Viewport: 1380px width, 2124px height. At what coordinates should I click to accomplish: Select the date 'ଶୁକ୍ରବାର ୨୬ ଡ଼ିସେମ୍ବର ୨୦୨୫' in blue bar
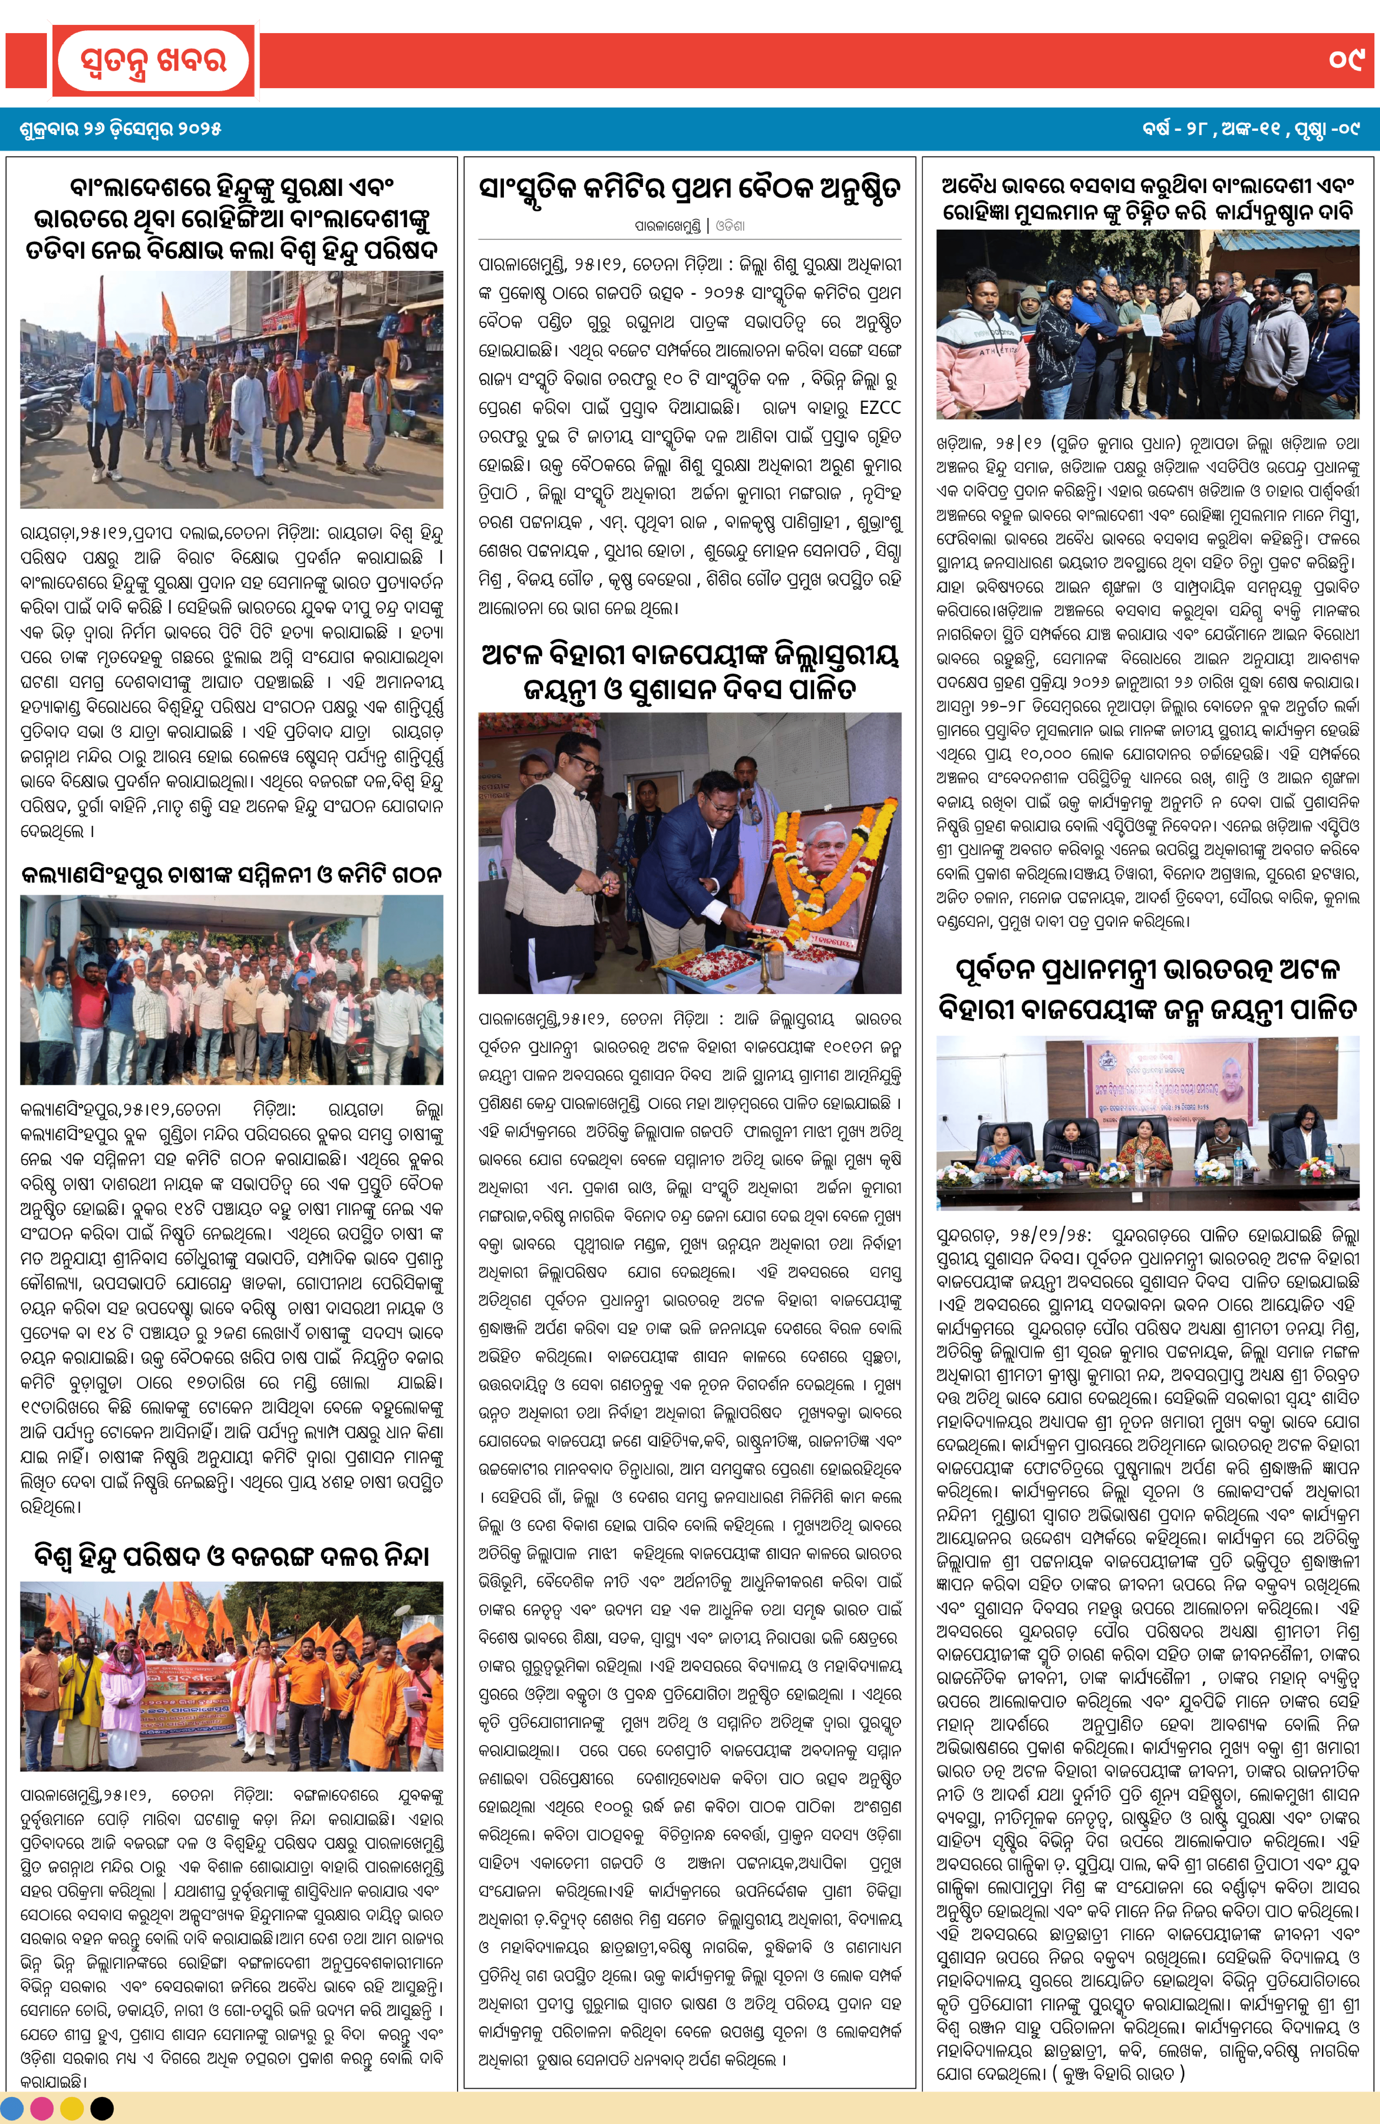pyautogui.click(x=121, y=129)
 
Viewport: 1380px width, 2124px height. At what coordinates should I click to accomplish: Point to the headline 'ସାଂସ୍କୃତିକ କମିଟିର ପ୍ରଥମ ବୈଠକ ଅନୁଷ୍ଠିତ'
pyautogui.click(x=689, y=189)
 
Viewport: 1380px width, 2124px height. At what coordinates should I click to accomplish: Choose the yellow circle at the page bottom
pyautogui.click(x=72, y=2108)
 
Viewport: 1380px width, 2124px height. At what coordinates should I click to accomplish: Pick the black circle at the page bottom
pyautogui.click(x=102, y=2108)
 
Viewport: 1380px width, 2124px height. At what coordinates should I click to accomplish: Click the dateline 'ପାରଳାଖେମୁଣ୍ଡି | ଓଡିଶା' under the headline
pyautogui.click(x=689, y=227)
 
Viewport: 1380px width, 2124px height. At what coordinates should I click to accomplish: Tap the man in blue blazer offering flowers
pyautogui.click(x=686, y=857)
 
